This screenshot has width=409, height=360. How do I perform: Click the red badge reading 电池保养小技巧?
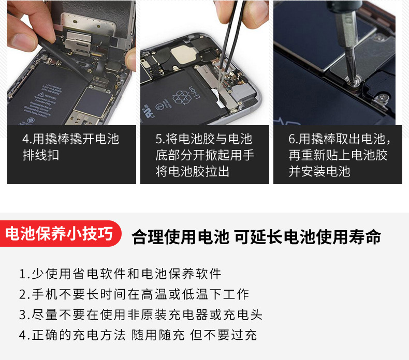point(61,233)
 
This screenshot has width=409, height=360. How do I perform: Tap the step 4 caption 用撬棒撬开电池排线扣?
point(71,147)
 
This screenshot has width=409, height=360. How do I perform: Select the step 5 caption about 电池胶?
point(204,155)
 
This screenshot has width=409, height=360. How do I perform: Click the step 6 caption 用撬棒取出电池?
point(339,155)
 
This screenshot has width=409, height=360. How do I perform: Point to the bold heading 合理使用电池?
point(180,237)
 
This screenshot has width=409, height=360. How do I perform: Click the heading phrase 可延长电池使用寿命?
point(308,237)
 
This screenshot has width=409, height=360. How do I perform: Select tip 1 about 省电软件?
point(120,274)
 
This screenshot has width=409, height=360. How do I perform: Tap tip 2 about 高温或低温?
point(134,294)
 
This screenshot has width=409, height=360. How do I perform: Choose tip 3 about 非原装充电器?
point(141,314)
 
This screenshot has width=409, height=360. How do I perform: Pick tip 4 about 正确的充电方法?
point(138,335)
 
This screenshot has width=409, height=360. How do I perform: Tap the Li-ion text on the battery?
point(194,93)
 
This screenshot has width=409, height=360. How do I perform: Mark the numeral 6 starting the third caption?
point(291,139)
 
